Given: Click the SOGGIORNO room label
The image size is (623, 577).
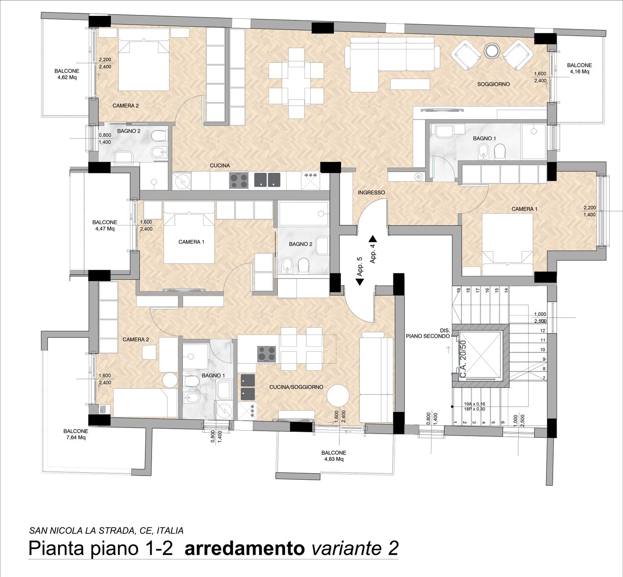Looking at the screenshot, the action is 493,84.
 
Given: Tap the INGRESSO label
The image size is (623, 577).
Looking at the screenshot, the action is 371,192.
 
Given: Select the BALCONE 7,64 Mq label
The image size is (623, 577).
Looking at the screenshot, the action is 76,434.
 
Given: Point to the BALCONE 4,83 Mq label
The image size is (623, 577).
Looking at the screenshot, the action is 334,456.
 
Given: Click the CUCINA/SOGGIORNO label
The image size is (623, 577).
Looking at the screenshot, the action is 296,387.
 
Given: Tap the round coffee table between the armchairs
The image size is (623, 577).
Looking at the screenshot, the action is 492,51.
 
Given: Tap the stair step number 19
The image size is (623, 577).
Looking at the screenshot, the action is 459,291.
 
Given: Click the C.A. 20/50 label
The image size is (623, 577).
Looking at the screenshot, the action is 463,358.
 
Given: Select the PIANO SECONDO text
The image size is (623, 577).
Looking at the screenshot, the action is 428,336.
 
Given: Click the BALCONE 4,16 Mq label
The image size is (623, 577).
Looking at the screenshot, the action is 579,69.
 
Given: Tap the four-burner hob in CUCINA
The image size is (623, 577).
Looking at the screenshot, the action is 239,181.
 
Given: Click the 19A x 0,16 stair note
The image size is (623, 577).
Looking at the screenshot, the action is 474,404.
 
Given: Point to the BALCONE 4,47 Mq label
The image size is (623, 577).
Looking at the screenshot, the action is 105,226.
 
